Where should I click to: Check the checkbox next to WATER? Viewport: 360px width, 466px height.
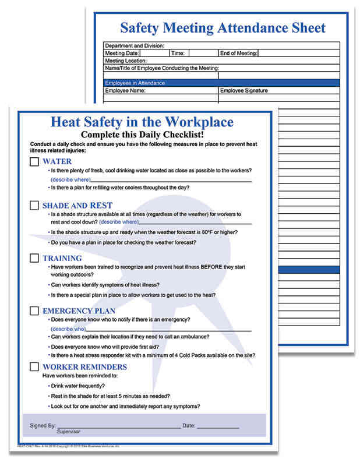34,161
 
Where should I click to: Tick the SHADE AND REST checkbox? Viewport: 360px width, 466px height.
34,206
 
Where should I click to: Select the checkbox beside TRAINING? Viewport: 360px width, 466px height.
34,258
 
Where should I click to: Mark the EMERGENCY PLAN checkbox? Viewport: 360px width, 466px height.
34,310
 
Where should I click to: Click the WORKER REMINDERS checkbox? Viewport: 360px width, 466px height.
34,367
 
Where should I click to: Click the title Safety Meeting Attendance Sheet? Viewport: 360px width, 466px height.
222,27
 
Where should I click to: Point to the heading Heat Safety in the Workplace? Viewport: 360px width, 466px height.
143,122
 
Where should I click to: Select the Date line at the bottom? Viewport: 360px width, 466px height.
217,426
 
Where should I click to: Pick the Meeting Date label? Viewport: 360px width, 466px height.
122,53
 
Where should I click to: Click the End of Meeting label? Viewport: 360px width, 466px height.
238,53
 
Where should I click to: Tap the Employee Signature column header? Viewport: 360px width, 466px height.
243,91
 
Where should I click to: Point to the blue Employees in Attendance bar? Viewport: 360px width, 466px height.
221,83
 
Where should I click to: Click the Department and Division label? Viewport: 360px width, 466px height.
134,45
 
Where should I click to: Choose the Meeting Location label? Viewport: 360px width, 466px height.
126,61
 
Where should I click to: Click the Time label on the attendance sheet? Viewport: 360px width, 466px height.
178,53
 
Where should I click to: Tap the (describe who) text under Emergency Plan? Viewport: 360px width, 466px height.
68,329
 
